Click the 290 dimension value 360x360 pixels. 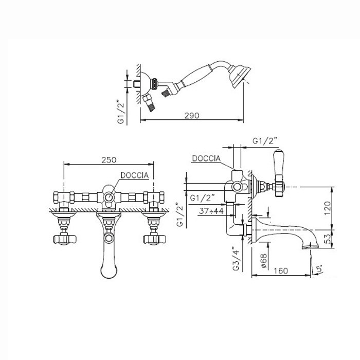pyautogui.click(x=192, y=116)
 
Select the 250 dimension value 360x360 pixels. pyautogui.click(x=109, y=160)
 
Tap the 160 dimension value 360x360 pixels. pyautogui.click(x=281, y=271)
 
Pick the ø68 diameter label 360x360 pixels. pyautogui.click(x=263, y=261)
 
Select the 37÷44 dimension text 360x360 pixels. pyautogui.click(x=211, y=211)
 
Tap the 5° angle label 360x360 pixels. pyautogui.click(x=320, y=269)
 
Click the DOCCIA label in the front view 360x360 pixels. pyautogui.click(x=135, y=175)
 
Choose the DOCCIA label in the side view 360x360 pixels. pyautogui.click(x=206, y=158)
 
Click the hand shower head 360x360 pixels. pyautogui.click(x=240, y=77)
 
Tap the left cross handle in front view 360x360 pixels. pyautogui.click(x=64, y=239)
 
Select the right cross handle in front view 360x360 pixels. pyautogui.click(x=154, y=239)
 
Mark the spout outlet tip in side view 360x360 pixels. pyautogui.click(x=310, y=247)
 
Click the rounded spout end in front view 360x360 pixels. pyautogui.click(x=109, y=271)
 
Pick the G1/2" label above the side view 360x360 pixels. pyautogui.click(x=265, y=141)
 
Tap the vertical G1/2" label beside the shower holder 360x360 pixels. pyautogui.click(x=121, y=112)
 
